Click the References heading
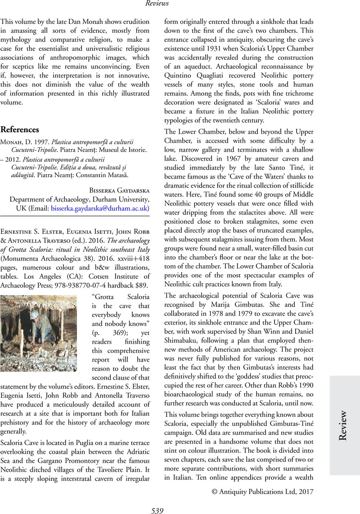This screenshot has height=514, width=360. (20, 130)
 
